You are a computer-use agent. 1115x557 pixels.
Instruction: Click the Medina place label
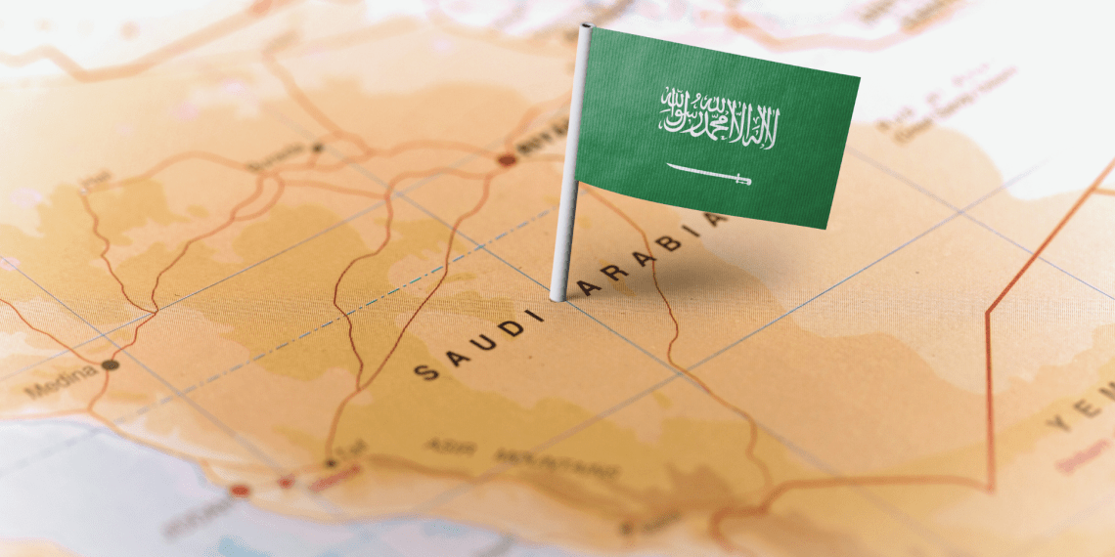(61, 382)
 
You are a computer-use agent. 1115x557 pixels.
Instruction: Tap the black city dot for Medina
(110, 364)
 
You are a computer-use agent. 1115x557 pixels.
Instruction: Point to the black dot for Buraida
(317, 148)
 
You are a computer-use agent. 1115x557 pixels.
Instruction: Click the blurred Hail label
(96, 180)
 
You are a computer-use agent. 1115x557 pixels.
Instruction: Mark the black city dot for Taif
(331, 463)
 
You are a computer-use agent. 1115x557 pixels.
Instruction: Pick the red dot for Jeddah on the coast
(240, 490)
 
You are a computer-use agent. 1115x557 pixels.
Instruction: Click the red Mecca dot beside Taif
(287, 482)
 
